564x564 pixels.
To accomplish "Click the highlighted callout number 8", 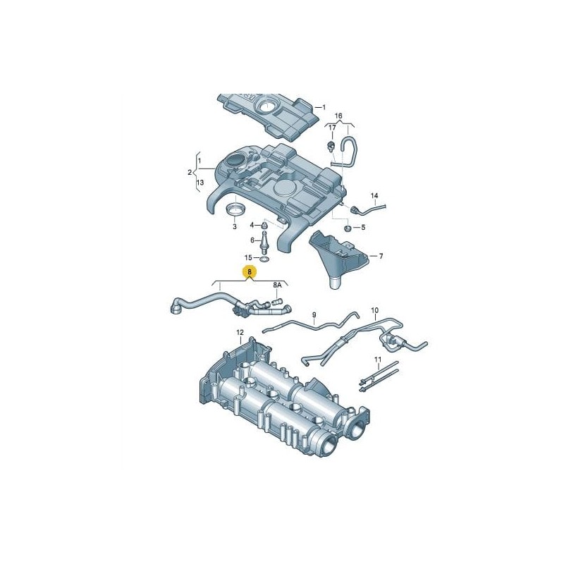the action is pos(250,272).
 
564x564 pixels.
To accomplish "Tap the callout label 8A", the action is pos(277,286).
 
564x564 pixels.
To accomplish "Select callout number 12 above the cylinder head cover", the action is pos(240,332).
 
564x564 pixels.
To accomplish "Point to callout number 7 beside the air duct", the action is pos(381,256).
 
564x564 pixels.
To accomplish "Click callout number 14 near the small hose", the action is pos(374,196).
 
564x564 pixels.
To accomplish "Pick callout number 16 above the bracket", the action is pos(338,116).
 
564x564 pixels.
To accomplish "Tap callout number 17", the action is pos(332,128).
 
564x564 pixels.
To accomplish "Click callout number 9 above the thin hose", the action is pos(314,315).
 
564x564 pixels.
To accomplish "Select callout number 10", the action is pos(374,310).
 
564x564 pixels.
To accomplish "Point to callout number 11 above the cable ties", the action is pos(377,360).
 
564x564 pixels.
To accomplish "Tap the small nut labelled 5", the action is pos(348,228).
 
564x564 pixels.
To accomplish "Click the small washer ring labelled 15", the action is pos(265,259).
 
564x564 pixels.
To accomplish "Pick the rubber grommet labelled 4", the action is pos(264,226).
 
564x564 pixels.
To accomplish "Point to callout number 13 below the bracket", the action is pos(200,183).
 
